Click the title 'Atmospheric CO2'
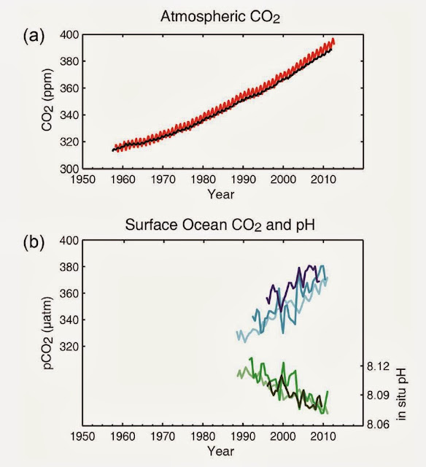(x=220, y=17)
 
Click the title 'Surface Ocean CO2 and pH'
(x=220, y=225)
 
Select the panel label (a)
(x=34, y=36)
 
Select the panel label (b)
(x=34, y=242)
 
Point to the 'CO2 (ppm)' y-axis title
(x=47, y=100)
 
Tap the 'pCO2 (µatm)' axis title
(x=47, y=333)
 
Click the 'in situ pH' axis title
(x=401, y=394)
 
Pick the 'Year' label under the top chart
(x=220, y=194)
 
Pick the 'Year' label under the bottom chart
(x=220, y=451)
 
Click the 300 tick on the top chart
(x=69, y=169)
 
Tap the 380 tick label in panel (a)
(x=69, y=61)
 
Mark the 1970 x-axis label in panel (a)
(x=163, y=180)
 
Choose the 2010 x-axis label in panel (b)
(x=323, y=436)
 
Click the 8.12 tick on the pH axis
(x=378, y=366)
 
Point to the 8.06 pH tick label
(x=378, y=424)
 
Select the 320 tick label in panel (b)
(x=69, y=347)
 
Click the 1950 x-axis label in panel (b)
(x=82, y=436)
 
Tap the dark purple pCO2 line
(x=288, y=287)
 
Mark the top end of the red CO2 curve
(x=333, y=39)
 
